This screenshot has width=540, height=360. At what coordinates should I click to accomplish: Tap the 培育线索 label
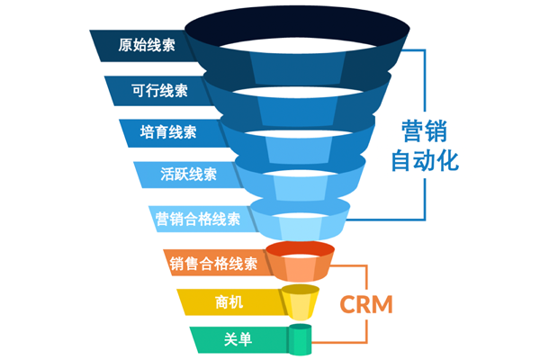click(169, 132)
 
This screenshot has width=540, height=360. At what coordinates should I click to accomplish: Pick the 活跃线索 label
click(186, 175)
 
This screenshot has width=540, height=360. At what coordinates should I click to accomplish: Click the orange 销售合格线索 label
click(213, 264)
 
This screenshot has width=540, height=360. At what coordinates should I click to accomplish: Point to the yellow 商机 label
click(229, 303)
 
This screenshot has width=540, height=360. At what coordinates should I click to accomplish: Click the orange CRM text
click(366, 303)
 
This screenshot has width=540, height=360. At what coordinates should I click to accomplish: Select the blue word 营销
click(424, 131)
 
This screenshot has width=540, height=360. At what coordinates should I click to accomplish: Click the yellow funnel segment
click(300, 301)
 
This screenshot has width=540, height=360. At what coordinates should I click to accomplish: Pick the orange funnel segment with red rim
click(299, 261)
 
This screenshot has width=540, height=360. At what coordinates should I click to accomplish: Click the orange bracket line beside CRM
click(367, 270)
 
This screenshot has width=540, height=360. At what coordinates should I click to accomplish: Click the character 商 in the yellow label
click(221, 303)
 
